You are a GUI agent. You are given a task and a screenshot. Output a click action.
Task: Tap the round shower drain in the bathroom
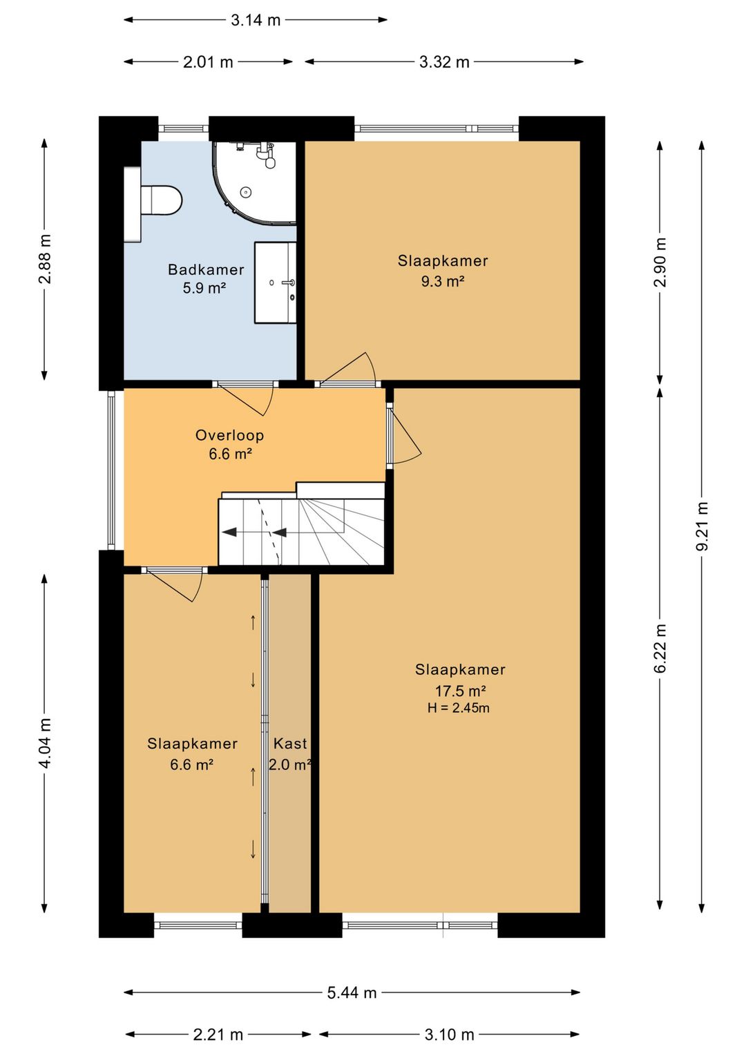pos(245,191)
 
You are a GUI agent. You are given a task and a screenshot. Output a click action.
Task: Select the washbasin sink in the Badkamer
pos(276,282)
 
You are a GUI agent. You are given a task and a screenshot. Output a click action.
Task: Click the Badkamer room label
pos(206,269)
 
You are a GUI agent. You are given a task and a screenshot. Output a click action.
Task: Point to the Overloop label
pos(230,435)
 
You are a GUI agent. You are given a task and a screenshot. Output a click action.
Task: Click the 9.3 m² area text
pos(443,281)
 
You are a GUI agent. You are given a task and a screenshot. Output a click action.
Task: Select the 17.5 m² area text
pos(460,691)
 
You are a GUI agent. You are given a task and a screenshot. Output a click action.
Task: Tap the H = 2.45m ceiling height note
pos(459,708)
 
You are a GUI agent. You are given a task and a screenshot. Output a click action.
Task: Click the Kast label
pos(290,743)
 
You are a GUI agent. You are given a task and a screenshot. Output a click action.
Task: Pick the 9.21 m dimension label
pos(702,526)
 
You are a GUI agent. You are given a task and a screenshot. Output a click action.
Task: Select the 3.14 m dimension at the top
pos(256,20)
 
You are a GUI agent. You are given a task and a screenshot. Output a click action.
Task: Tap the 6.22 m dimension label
pos(660,648)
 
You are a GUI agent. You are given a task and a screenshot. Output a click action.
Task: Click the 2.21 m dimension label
pos(218,1035)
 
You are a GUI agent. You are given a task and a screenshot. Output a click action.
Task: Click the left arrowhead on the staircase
pos(230,533)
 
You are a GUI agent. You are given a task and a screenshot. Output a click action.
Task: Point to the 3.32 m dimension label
pos(444,62)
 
